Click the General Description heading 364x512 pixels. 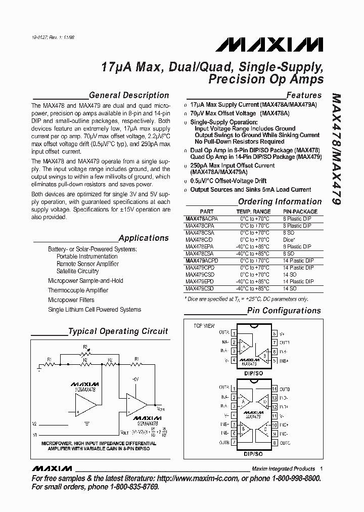tap(128, 95)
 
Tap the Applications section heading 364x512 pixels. tap(144, 238)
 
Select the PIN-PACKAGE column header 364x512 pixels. tap(300, 211)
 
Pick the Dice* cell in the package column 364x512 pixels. tap(290, 240)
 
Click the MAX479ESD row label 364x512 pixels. tap(199, 288)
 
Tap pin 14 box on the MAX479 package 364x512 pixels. tap(275, 389)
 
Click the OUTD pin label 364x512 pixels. tap(285, 389)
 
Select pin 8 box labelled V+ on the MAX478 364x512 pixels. tap(275, 333)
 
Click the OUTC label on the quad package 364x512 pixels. tap(285, 443)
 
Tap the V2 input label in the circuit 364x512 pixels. tap(34, 423)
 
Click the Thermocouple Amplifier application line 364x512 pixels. tap(78, 290)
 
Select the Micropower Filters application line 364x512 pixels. tap(71, 300)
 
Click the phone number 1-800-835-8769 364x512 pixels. tap(130, 487)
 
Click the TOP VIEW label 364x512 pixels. tap(204, 325)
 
